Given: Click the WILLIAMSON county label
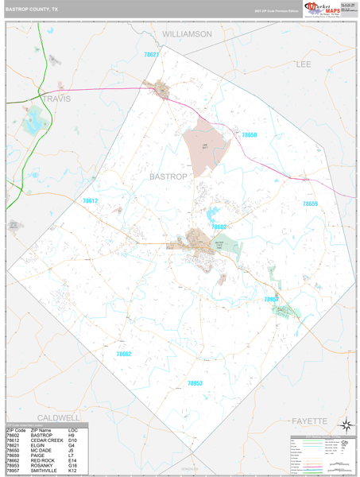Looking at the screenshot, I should pos(187,34).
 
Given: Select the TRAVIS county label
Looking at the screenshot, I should pos(56,99).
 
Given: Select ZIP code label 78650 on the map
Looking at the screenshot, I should pos(250,135).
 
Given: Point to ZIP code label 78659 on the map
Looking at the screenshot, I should pos(310,204).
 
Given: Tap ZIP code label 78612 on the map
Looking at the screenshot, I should pos(90,201).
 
